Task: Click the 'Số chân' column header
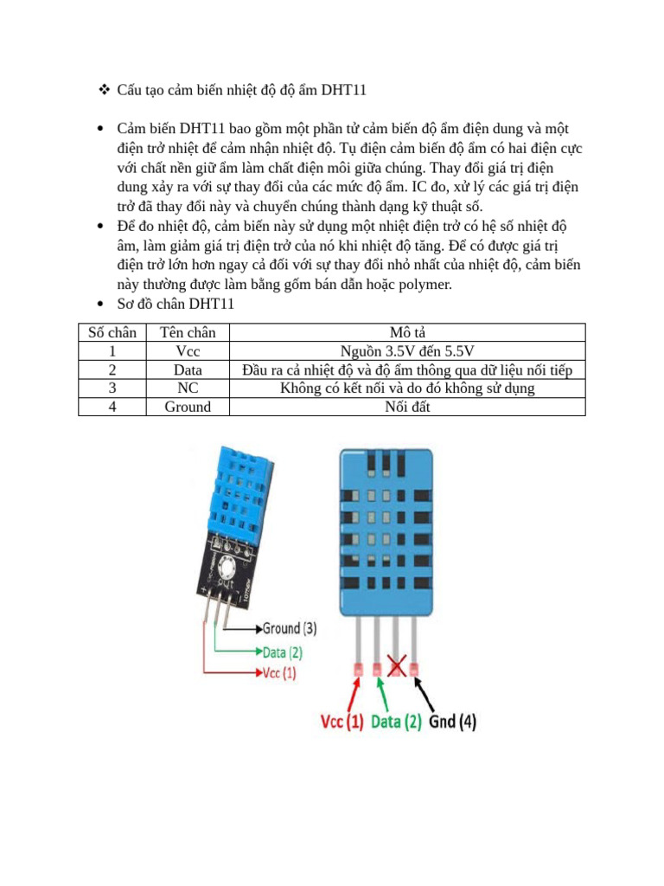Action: point(112,333)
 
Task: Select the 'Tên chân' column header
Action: point(188,333)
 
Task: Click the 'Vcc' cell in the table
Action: point(188,351)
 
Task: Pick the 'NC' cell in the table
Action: point(188,388)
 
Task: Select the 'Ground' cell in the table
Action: point(188,407)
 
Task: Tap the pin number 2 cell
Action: point(112,369)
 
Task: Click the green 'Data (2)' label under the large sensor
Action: point(396,721)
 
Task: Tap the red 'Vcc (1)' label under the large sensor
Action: point(342,721)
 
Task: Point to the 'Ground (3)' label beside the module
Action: point(288,628)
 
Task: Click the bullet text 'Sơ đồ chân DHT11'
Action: point(176,305)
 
